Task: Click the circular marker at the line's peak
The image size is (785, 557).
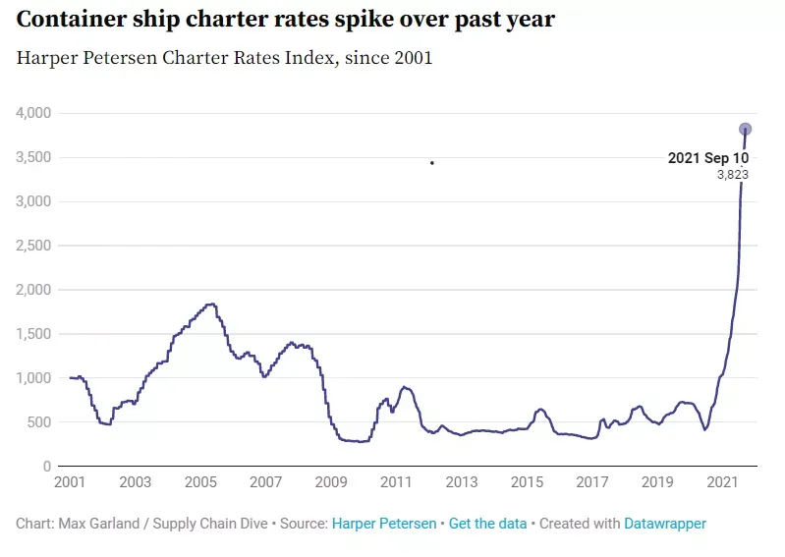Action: click(745, 129)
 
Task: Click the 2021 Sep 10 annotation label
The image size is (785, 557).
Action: click(708, 158)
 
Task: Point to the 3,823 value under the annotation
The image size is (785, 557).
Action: click(733, 175)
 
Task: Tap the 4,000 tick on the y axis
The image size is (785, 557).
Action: click(33, 113)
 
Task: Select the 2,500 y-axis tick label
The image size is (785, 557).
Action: click(33, 246)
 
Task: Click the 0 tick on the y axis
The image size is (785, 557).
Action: click(47, 467)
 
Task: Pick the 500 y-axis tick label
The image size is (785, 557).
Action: click(39, 422)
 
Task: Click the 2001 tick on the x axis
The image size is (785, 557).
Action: click(70, 482)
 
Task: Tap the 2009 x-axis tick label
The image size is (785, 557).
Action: click(331, 482)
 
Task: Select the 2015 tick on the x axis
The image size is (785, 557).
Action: click(527, 482)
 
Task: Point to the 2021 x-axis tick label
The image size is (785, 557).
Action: click(722, 482)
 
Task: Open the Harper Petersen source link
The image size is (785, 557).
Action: click(384, 524)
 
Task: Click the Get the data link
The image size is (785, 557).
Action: click(487, 524)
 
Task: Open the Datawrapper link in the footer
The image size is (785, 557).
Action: click(665, 524)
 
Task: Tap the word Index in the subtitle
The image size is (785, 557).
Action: click(312, 58)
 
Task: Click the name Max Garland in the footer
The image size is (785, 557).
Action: click(99, 524)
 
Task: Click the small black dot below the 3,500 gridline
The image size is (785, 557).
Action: click(432, 163)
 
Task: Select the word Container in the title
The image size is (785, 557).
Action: click(72, 20)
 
